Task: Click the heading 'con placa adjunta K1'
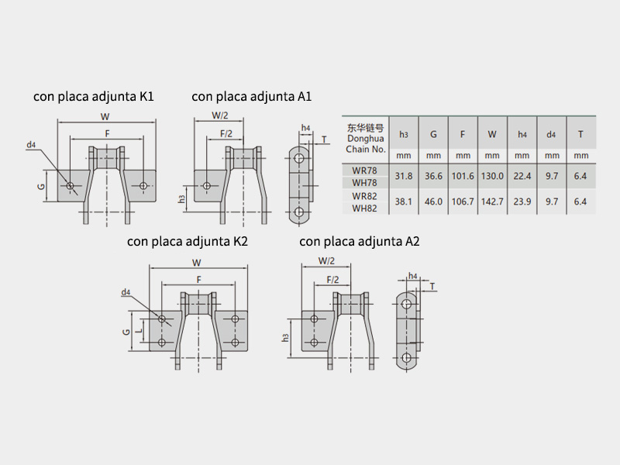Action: [94, 97]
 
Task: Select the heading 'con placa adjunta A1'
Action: [252, 97]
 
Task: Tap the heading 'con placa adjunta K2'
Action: [188, 242]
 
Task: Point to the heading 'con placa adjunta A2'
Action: [360, 242]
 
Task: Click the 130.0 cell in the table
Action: [492, 176]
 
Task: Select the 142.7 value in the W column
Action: [492, 201]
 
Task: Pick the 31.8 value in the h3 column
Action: [403, 176]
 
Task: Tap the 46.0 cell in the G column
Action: [433, 201]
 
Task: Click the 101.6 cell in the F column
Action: [463, 176]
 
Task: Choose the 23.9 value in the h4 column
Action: [522, 201]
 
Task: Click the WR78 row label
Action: [364, 169]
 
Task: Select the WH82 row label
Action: [364, 208]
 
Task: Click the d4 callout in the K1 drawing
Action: [31, 145]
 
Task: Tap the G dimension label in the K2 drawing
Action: [126, 331]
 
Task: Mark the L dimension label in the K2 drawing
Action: [139, 331]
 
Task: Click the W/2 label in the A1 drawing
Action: [220, 116]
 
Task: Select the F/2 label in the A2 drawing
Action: [333, 279]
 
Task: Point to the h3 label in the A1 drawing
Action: [182, 198]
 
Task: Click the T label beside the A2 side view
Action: [431, 287]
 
